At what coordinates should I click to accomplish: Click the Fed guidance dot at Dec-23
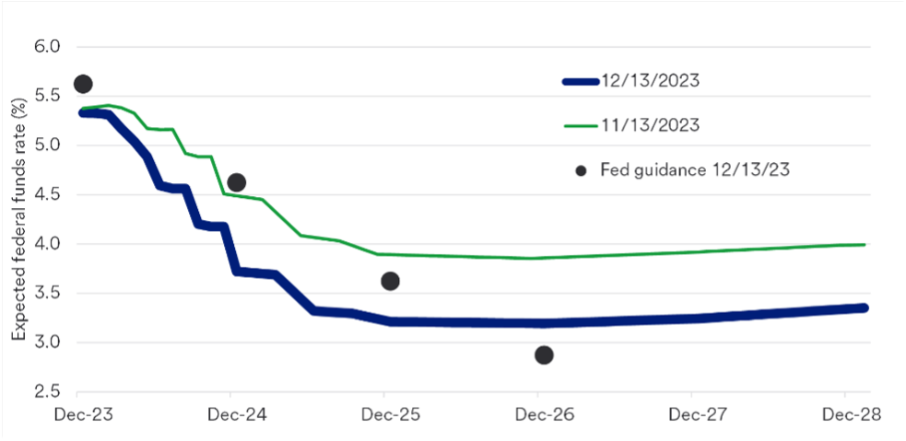click(83, 84)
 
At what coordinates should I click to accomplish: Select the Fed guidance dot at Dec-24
click(236, 182)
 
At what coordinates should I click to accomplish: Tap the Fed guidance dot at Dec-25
click(390, 281)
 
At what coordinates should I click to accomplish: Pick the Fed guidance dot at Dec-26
click(544, 354)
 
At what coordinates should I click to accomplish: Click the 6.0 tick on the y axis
click(47, 46)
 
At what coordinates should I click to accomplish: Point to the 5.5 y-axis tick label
click(47, 96)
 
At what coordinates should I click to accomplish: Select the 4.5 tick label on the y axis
click(47, 194)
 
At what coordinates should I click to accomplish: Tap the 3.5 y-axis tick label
click(47, 294)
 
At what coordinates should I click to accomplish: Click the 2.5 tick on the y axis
click(47, 392)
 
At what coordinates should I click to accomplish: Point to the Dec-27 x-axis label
click(698, 414)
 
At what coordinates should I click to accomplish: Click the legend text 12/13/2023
click(651, 81)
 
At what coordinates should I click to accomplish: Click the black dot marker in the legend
click(582, 170)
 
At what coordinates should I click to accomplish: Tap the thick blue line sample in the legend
click(581, 81)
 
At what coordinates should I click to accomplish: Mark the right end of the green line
click(864, 244)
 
